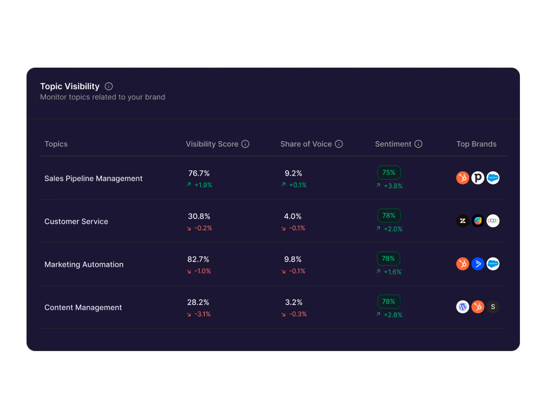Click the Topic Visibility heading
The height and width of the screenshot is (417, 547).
point(70,87)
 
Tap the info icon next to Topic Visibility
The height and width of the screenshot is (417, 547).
point(109,87)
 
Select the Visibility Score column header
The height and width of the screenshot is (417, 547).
point(212,144)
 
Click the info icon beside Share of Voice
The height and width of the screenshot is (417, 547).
point(339,144)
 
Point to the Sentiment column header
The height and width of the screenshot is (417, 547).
point(393,144)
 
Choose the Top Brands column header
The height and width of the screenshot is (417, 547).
point(476,144)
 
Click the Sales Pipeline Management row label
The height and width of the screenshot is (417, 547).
point(94,178)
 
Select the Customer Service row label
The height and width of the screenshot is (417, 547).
point(76,221)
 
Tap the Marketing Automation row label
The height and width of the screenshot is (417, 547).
point(84,264)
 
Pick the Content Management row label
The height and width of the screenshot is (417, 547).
point(83,307)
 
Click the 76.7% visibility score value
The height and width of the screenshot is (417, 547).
point(199,173)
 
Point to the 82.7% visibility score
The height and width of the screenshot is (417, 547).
point(199,259)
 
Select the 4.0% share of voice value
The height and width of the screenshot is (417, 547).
point(293,216)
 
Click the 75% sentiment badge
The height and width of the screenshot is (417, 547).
point(389,173)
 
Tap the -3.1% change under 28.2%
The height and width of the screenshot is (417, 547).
point(202,314)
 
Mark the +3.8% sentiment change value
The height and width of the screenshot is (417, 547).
point(393,186)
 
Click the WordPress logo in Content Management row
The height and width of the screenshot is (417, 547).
point(463,307)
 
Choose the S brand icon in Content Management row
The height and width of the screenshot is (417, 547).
point(493,307)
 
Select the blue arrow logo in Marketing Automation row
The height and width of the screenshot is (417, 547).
point(478,264)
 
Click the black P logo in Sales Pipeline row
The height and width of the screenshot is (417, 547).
point(478,178)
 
